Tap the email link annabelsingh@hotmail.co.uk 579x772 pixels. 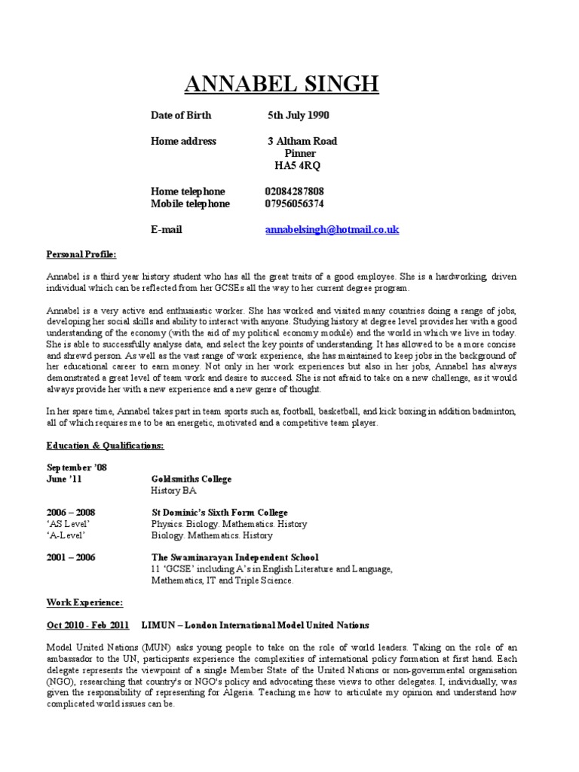[x=332, y=229]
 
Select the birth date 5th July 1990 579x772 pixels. [x=298, y=115]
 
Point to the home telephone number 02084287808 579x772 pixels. [x=295, y=191]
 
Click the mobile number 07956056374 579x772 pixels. [x=295, y=204]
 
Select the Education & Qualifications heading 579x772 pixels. [x=105, y=446]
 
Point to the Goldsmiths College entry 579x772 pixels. [x=191, y=479]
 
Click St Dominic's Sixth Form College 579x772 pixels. [x=219, y=513]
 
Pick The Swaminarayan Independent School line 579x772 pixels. [x=234, y=557]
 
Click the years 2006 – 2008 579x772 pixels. [x=71, y=513]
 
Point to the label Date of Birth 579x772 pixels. [x=181, y=115]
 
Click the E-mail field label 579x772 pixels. [x=166, y=229]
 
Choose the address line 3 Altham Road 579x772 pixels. [x=302, y=141]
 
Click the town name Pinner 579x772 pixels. [x=299, y=153]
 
